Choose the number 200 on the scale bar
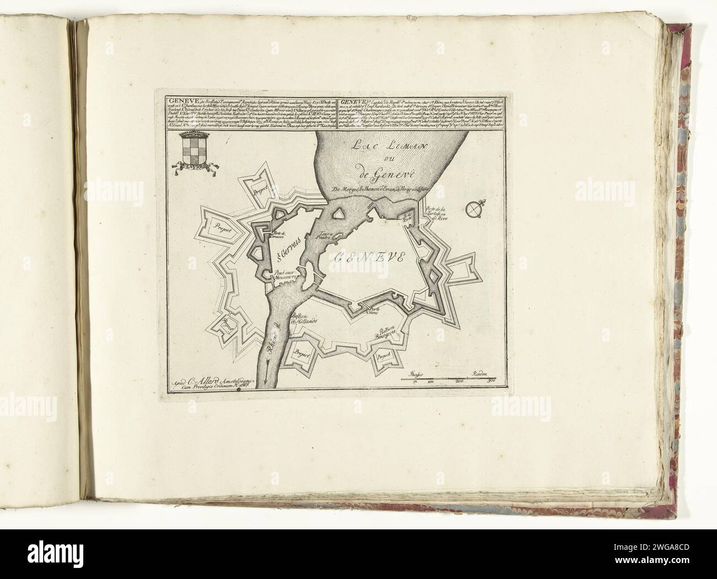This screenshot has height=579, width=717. (459, 382)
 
